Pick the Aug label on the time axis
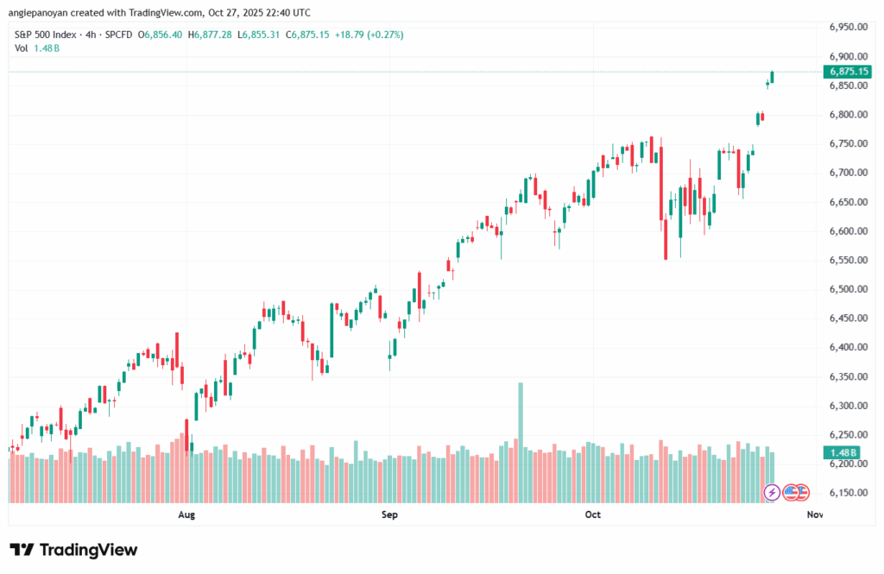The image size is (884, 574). tap(186, 515)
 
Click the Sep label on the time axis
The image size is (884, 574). tap(389, 515)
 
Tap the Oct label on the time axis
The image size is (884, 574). tap(592, 515)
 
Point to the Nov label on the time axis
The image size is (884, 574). tap(814, 515)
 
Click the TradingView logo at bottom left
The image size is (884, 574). tap(73, 550)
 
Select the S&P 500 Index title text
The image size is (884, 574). tap(45, 35)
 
